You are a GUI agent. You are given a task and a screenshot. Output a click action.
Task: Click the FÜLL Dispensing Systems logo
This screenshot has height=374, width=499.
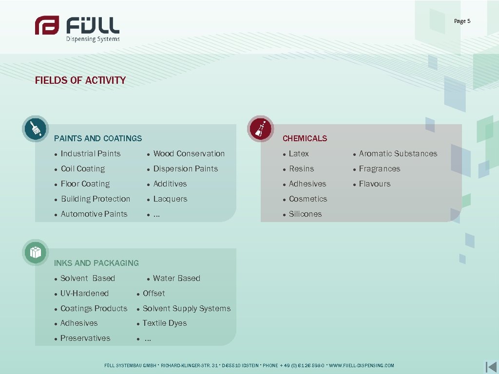(77, 28)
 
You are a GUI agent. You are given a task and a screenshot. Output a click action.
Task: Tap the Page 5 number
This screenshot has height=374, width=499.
(462, 21)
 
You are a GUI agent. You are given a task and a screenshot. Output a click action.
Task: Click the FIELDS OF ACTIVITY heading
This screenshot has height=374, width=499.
(80, 80)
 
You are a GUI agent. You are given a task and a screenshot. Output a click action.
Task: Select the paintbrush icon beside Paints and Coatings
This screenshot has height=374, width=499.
(36, 129)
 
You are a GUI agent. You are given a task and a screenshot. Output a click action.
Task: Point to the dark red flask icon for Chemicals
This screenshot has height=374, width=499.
(260, 129)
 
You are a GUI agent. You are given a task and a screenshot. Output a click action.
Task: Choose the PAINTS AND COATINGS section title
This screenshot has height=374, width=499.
(98, 138)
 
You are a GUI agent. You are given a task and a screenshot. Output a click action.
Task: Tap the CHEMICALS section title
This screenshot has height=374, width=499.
(305, 138)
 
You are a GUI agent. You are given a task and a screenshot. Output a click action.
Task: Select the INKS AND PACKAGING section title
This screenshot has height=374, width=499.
(96, 263)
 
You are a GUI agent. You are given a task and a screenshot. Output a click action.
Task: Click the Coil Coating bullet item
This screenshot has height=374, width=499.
(83, 168)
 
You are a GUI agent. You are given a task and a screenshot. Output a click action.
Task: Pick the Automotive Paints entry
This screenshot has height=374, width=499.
(94, 214)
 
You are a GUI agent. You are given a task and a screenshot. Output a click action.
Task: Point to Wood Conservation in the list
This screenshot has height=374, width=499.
(189, 153)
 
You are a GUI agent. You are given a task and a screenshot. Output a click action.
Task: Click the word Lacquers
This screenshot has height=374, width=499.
(170, 199)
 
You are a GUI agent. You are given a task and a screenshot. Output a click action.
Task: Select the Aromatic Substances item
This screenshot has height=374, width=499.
(398, 153)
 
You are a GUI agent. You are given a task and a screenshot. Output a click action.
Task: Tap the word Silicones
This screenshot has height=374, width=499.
(305, 214)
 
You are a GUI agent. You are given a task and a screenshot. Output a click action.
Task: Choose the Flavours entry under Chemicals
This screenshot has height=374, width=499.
(375, 184)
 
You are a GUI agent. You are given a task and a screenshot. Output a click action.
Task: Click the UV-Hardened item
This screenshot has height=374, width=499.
(84, 293)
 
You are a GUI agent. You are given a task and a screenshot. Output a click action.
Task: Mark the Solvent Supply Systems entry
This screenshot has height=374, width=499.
(187, 308)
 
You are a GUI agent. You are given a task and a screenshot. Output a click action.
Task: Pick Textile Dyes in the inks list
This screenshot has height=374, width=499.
(165, 323)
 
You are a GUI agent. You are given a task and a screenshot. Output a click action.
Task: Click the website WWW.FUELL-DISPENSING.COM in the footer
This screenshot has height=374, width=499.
(362, 365)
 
